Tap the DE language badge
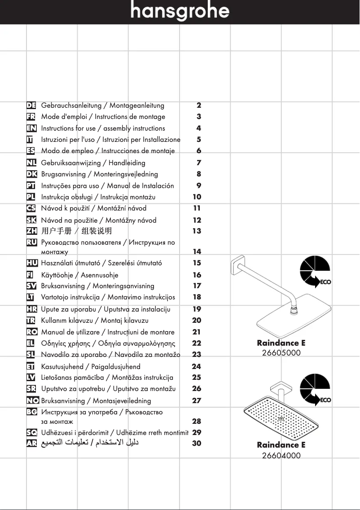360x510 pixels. tap(31, 106)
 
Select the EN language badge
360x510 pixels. tap(31, 128)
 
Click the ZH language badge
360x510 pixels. tap(31, 231)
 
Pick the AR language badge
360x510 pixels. tap(31, 444)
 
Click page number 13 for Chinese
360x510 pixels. tap(197, 231)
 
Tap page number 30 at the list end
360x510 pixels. tap(197, 444)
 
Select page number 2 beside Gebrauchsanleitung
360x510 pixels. tap(199, 106)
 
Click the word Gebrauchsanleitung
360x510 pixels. tap(71, 106)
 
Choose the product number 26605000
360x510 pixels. tap(281, 353)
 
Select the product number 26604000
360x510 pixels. tap(281, 455)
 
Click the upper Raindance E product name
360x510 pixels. tap(281, 343)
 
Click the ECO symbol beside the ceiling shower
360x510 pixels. tap(315, 390)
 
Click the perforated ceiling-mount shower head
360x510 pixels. tap(281, 418)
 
